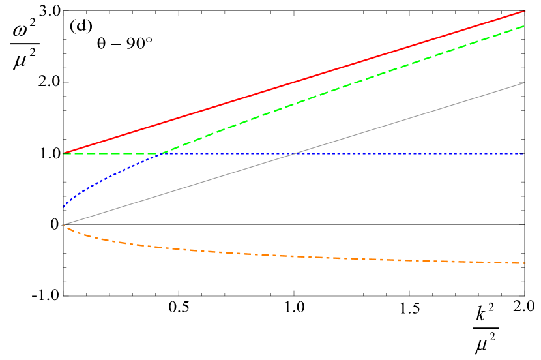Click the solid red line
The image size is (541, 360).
click(x=293, y=82)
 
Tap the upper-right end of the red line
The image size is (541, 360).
click(x=525, y=11)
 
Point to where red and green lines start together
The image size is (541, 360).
click(x=63, y=153)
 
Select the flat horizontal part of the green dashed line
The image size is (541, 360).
click(x=111, y=153)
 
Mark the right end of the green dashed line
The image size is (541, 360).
click(x=524, y=26)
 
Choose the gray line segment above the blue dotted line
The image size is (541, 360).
click(x=411, y=118)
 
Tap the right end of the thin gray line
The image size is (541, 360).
click(x=524, y=83)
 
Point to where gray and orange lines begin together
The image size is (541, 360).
click(x=63, y=225)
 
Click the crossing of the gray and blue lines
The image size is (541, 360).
click(x=297, y=153)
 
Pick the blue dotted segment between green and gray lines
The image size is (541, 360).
click(x=228, y=153)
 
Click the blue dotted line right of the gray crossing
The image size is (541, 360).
click(x=411, y=153)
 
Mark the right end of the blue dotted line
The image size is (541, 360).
click(x=523, y=153)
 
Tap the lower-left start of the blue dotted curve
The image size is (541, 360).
click(x=63, y=207)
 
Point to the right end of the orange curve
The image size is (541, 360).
click(x=525, y=263)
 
